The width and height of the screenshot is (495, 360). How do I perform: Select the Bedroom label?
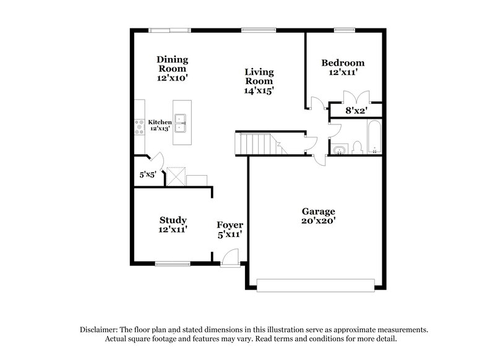pos(342,62)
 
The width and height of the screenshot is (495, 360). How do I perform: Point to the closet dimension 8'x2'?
pos(356,111)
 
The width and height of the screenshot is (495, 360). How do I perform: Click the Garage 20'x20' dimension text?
pos(318,221)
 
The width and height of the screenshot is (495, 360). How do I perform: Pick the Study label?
pos(173,220)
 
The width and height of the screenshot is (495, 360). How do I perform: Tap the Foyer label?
pos(230,225)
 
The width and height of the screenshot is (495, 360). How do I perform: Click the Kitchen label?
pos(160,122)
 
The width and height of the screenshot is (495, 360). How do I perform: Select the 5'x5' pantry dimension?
pos(147,174)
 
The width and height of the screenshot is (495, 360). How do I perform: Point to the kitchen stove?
pos(139,126)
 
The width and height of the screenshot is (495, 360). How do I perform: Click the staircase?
pos(257,145)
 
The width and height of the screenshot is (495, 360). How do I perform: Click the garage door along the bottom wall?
pos(316,285)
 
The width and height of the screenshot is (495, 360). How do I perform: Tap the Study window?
pos(173,262)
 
